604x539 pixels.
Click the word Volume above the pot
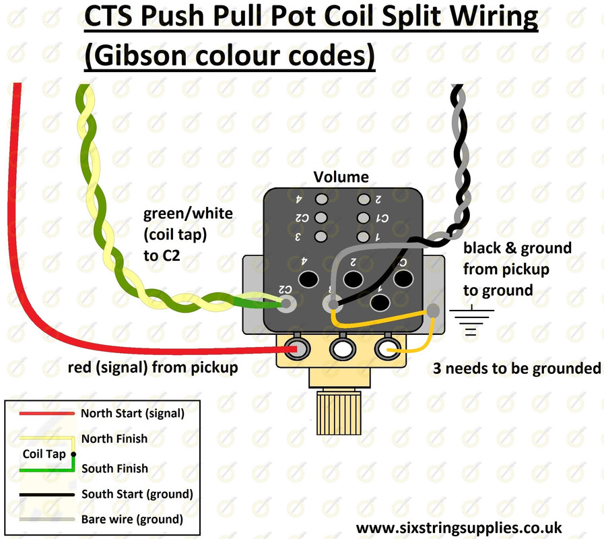(341, 177)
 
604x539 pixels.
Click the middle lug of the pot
(342, 348)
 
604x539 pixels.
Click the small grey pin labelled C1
(364, 218)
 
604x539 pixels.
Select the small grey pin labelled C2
(321, 218)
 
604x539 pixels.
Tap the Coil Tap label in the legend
(44, 453)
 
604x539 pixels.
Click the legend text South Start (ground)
(137, 494)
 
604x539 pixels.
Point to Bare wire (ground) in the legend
(132, 519)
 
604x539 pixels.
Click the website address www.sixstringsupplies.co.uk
(459, 528)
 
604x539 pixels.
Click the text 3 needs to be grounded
(517, 369)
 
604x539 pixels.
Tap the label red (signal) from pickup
(153, 368)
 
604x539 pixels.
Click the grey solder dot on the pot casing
(434, 311)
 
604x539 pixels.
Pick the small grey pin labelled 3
(321, 236)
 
